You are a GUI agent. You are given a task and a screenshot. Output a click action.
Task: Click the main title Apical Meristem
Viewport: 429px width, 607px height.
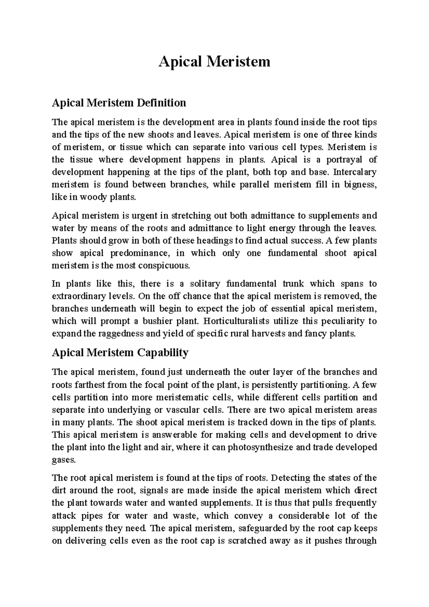pyautogui.click(x=214, y=62)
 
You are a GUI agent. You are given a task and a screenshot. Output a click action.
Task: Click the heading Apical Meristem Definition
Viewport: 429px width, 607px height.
pyautogui.click(x=119, y=103)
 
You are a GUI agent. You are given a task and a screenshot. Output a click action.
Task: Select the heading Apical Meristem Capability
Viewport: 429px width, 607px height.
pyautogui.click(x=120, y=352)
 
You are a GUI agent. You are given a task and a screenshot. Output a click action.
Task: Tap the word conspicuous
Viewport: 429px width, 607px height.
pyautogui.click(x=162, y=266)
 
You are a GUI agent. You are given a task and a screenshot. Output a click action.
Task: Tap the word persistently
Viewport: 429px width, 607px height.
pyautogui.click(x=275, y=385)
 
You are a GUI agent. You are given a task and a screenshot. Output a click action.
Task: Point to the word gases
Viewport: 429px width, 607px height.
pyautogui.click(x=64, y=460)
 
